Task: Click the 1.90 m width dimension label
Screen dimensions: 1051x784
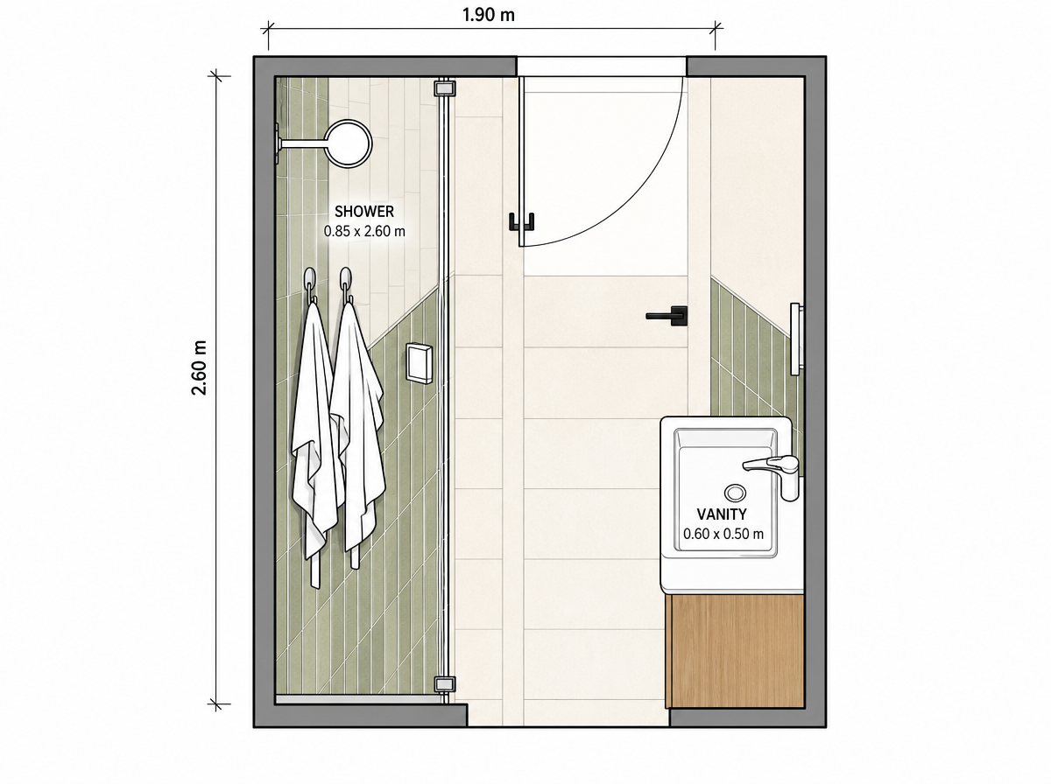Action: click(489, 15)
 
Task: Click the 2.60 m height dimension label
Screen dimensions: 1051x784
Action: click(199, 367)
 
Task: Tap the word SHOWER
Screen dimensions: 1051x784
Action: click(363, 212)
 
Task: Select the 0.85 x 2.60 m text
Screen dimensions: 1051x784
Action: click(363, 232)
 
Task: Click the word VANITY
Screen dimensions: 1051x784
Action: click(722, 514)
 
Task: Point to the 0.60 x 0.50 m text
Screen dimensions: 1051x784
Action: click(723, 534)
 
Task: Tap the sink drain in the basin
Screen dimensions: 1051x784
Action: click(735, 493)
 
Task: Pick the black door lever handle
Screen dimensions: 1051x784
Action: click(667, 316)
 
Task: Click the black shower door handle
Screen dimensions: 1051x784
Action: click(521, 222)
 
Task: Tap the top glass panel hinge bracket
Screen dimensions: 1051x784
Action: click(444, 88)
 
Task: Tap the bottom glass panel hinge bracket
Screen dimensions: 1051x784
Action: click(444, 684)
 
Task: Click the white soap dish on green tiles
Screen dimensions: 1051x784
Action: click(420, 363)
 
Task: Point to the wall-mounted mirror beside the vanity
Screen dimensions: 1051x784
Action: click(796, 339)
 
